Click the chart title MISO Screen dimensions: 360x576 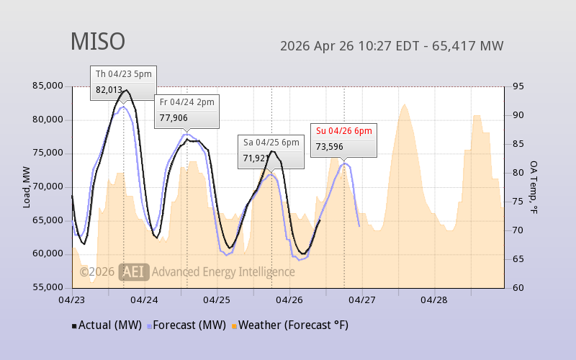pyautogui.click(x=97, y=42)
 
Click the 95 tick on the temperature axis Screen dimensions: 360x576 pyautogui.click(x=517, y=86)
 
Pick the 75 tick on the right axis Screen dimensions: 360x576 pyautogui.click(x=517, y=202)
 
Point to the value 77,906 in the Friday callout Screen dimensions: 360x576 pyautogui.click(x=174, y=117)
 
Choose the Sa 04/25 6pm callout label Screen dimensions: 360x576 pyautogui.click(x=271, y=143)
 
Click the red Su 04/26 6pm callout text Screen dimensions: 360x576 pyautogui.click(x=343, y=131)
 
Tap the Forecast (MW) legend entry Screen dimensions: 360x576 pyautogui.click(x=186, y=325)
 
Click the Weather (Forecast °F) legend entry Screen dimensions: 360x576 pyautogui.click(x=289, y=325)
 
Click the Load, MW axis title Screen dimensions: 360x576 pyautogui.click(x=27, y=187)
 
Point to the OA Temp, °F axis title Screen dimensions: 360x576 pyautogui.click(x=534, y=187)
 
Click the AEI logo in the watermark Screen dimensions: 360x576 pyautogui.click(x=134, y=271)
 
